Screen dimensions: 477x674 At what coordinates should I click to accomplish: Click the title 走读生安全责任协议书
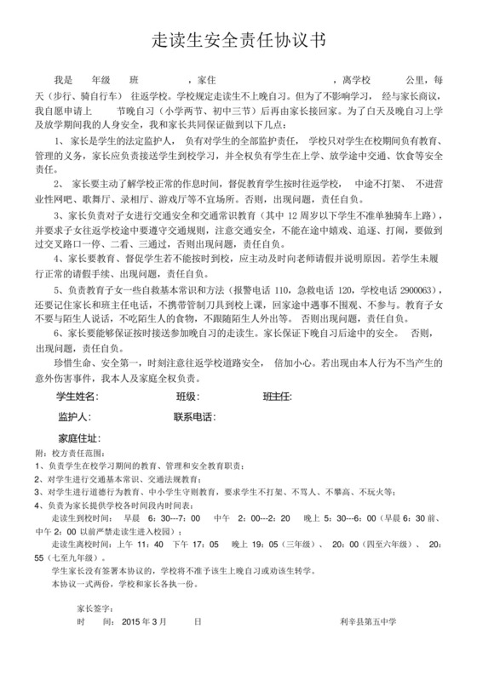238,41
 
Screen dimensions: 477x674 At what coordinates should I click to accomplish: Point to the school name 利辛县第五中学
368,623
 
